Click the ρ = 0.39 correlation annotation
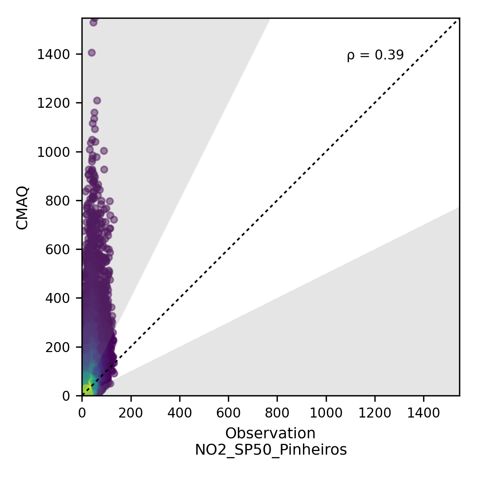tap(375, 55)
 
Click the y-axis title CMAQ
tap(23, 207)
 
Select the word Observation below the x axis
tap(270, 433)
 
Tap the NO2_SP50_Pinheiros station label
tap(270, 450)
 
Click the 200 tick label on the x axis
tap(131, 414)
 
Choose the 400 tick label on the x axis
tap(180, 414)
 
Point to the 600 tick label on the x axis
tap(228, 414)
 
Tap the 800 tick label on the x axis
tap(277, 414)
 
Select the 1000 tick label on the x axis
tap(326, 414)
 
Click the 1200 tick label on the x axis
tap(375, 414)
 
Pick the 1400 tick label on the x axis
tap(424, 414)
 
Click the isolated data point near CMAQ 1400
tap(91, 53)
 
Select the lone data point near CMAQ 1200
tap(97, 101)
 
